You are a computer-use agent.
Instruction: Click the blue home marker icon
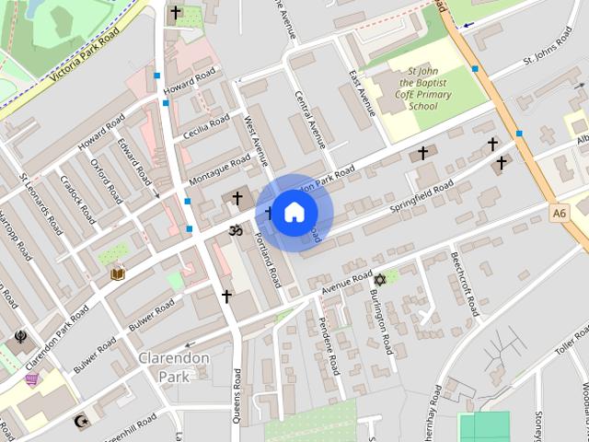coord(293,213)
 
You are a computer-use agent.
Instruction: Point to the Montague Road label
coord(219,168)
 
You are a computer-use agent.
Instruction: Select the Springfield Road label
coord(421,198)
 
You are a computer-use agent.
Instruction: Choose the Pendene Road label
coord(329,345)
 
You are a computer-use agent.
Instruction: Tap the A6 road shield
coord(560,213)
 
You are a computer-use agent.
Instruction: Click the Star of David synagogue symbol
coord(377,279)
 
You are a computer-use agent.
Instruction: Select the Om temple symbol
coord(235,230)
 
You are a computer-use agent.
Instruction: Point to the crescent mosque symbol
coord(81,422)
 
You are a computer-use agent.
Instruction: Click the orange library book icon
coord(118,273)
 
